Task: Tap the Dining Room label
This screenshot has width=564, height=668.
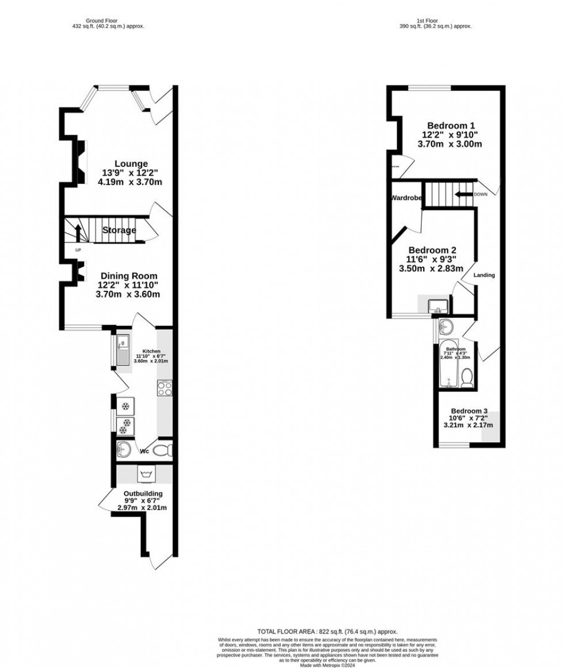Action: (128, 276)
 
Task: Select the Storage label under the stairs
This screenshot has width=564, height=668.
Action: (119, 230)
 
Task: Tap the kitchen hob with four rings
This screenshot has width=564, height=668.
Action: (164, 388)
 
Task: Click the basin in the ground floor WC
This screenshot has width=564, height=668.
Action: (123, 449)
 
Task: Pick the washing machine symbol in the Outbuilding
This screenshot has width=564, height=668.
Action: (143, 474)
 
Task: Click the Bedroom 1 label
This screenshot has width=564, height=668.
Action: (451, 126)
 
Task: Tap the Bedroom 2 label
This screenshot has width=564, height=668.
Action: (432, 250)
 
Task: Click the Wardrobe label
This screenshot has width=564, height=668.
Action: (406, 198)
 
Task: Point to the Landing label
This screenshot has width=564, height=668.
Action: (484, 275)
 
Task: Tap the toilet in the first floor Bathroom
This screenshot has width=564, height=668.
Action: (467, 377)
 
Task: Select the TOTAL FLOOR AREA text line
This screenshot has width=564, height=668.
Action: (327, 632)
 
